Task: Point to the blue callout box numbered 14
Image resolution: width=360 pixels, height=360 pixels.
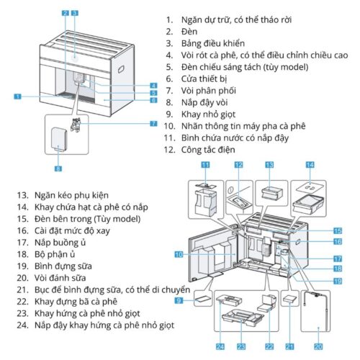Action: pos(310,165)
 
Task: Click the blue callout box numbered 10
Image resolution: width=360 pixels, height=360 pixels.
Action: pos(179,253)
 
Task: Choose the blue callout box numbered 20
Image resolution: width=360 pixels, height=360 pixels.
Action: pos(318,346)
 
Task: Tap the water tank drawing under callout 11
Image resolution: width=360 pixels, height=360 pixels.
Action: pos(202,196)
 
